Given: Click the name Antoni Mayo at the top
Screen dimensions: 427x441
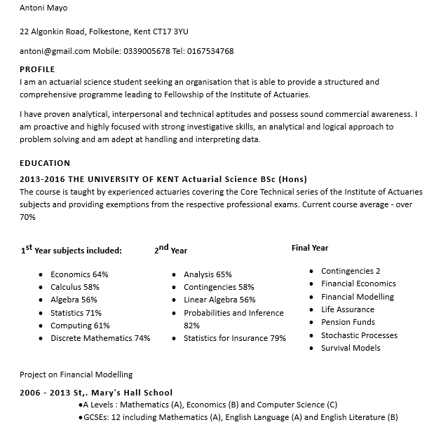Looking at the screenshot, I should pos(44,8).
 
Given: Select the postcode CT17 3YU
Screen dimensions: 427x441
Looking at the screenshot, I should pos(171,31).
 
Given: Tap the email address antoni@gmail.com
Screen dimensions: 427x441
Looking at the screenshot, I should pos(55,51).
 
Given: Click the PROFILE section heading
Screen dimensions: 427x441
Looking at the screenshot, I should pos(37,69).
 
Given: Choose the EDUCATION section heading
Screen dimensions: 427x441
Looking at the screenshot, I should pos(45,163).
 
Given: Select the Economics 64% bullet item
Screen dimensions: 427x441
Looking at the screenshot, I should pos(79,274).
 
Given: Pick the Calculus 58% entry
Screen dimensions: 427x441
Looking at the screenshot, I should pos(75,287).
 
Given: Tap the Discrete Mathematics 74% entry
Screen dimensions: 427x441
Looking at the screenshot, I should pos(100,338).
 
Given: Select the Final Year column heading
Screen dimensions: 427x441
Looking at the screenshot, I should pos(310,248).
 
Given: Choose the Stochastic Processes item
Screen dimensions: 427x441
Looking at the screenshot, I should pos(359,335).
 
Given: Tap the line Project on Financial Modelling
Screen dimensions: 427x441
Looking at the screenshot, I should pos(76,374).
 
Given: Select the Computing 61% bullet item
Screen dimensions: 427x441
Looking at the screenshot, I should pos(80,325).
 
